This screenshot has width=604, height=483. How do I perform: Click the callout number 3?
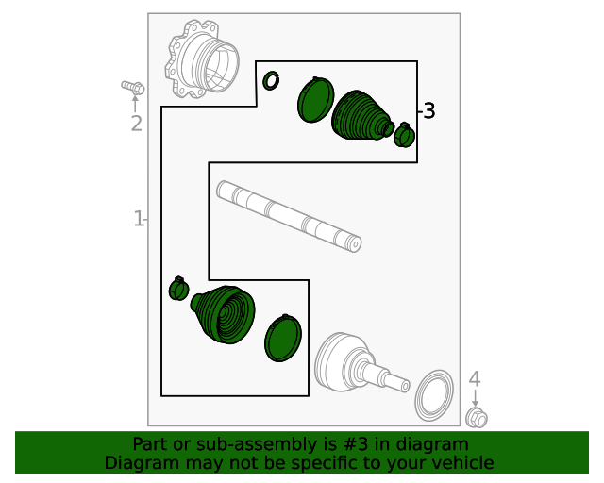(429, 111)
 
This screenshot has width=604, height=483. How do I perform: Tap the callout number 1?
(138, 219)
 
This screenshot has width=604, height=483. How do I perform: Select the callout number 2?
(136, 124)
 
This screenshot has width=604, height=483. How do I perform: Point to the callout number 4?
(475, 379)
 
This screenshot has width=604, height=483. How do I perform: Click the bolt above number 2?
(133, 88)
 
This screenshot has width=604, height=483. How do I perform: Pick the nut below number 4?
(477, 418)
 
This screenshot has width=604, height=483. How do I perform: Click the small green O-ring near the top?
(271, 81)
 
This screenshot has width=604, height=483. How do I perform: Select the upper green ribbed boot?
(362, 115)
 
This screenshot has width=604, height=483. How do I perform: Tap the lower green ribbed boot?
(224, 314)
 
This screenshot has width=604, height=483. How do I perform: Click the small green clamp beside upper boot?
(404, 135)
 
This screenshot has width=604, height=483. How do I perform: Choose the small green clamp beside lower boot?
(178, 289)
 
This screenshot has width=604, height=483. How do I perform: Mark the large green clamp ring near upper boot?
(315, 100)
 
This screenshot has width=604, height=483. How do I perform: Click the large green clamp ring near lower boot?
(283, 338)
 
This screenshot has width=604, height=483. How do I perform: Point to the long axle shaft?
(289, 216)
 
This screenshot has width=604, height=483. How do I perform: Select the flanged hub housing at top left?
(202, 59)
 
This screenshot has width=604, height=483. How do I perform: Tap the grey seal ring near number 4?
(434, 395)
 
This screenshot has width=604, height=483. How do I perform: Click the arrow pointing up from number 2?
(135, 104)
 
